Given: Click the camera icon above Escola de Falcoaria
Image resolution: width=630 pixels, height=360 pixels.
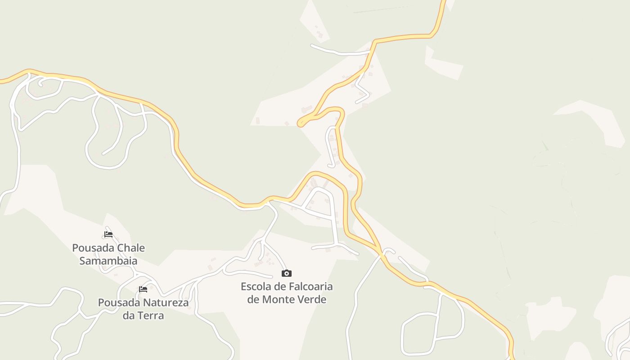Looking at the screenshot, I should coord(287,273).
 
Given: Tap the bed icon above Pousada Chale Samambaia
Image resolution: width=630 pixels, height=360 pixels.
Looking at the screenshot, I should coord(108,234).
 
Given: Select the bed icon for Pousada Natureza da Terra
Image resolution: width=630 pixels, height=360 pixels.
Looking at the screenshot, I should coord(143,289).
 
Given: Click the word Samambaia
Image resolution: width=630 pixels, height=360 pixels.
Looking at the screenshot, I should coord(108,261).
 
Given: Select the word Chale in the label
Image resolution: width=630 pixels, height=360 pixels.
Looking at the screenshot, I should coord(131,248).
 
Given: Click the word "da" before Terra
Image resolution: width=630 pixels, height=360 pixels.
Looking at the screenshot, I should coord(129,315).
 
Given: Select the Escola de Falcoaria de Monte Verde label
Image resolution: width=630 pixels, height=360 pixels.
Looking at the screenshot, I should coord(287,293).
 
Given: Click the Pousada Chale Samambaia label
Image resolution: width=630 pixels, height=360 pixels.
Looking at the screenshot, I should coord(108,254).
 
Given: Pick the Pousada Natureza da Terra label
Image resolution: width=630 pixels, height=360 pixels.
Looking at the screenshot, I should coord(143,309).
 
